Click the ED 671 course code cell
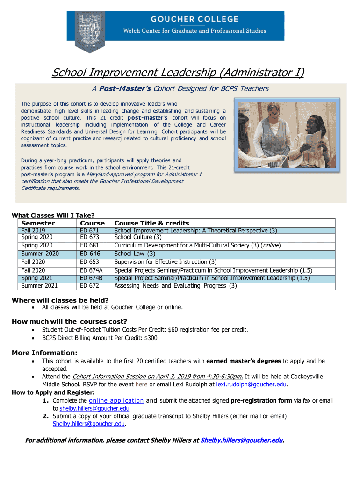(89, 231)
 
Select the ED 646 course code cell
(90, 254)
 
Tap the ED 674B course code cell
(91, 278)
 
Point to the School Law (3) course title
(135, 254)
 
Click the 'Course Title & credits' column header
(151, 223)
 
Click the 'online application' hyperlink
(116, 401)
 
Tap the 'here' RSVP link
(141, 385)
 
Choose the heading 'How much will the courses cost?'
(69, 321)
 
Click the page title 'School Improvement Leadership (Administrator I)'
(178, 73)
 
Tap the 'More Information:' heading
(44, 353)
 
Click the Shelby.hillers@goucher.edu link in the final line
(241, 440)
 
